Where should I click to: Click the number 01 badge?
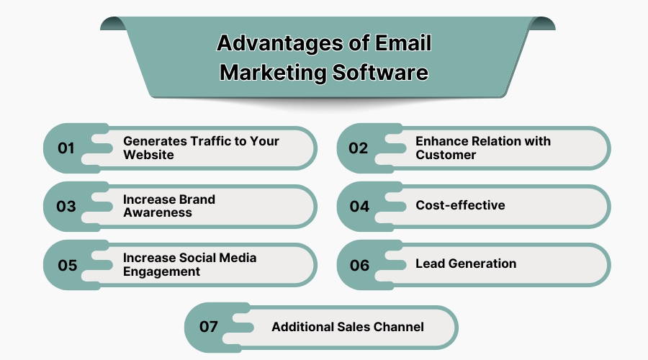point(66,148)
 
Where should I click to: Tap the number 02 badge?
point(358,148)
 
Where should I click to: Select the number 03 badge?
point(66,206)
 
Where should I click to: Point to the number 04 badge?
point(359,206)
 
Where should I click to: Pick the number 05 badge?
point(68,265)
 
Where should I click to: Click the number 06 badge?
point(359,265)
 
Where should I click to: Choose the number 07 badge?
point(208,327)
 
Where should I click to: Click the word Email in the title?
point(403,43)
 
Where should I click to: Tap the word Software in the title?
point(380,72)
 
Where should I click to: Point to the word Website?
point(148,155)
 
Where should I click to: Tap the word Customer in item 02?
point(446,155)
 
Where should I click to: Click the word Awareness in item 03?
point(158,212)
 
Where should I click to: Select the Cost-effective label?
point(460,205)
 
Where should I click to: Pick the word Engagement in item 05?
point(161,272)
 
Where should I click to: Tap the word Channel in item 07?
point(399,327)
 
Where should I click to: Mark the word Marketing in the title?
point(273,73)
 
